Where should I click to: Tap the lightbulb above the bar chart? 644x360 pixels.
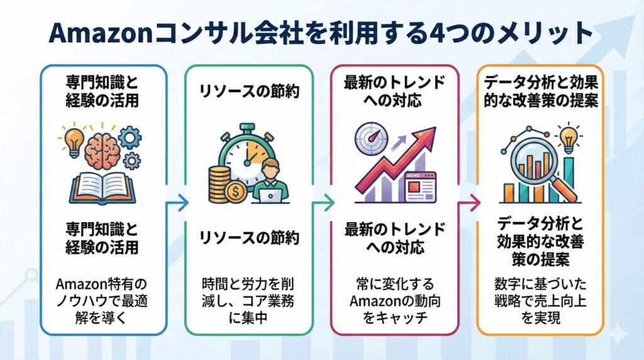point(569,138)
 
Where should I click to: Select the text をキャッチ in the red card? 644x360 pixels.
point(394,317)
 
